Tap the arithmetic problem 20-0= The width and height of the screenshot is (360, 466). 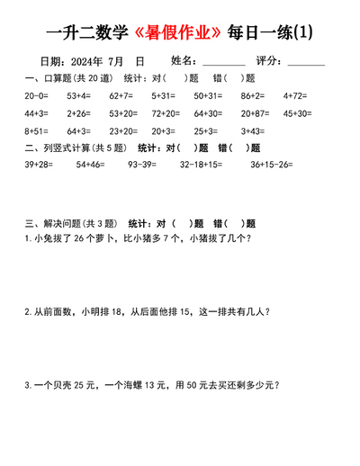(36, 94)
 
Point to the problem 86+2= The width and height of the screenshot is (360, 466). (252, 94)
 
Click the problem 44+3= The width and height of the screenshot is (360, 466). (36, 113)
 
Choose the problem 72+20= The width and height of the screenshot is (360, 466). (166, 113)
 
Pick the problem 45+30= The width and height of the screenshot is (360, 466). (297, 113)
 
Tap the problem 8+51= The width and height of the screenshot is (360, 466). (36, 131)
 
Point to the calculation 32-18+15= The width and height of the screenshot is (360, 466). (204, 165)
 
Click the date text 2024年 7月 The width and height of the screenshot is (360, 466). (95, 61)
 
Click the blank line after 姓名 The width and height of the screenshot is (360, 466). (224, 63)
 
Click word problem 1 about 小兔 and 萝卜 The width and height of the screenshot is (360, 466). (137, 238)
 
